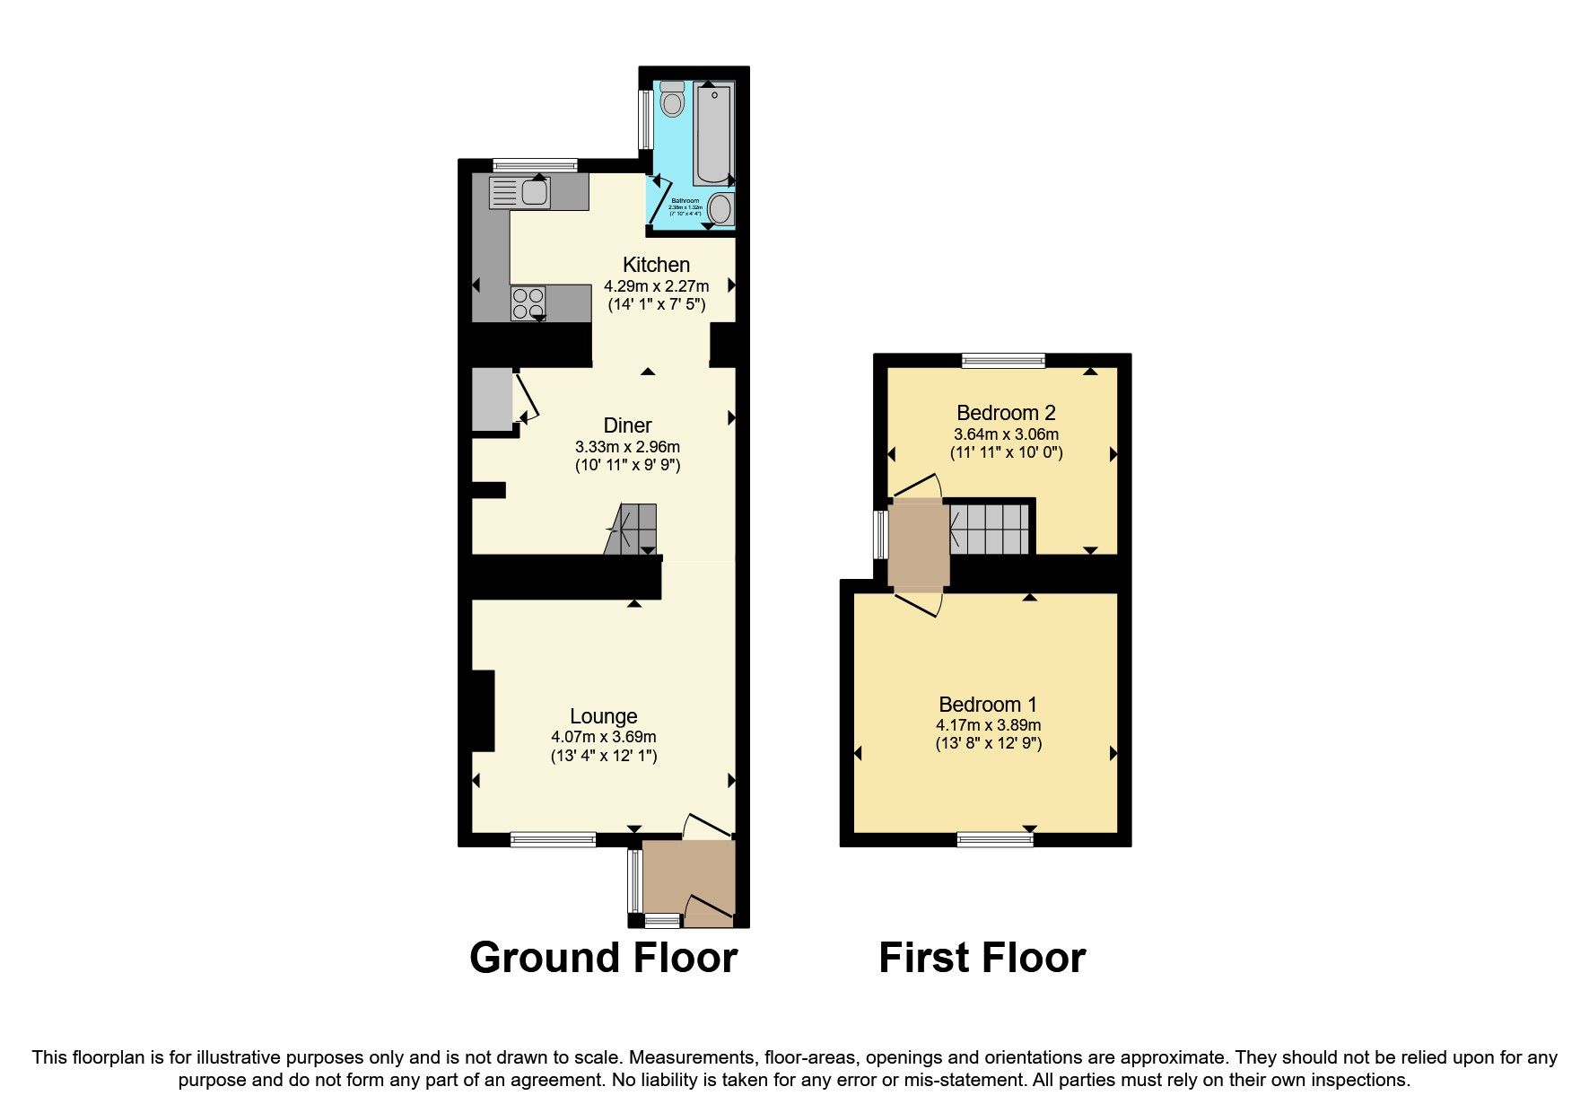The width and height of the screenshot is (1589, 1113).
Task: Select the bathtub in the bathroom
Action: (714, 133)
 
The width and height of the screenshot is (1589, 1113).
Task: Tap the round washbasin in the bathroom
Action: (720, 210)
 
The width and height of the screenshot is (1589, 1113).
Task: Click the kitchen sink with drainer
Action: (519, 193)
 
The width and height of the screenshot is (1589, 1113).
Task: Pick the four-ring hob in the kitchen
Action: (528, 303)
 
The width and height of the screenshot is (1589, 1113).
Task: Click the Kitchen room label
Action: (656, 265)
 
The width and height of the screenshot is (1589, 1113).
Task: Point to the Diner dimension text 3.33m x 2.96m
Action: (627, 447)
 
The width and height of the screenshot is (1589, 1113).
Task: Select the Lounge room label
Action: (604, 716)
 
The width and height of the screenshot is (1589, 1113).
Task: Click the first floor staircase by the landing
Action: (990, 529)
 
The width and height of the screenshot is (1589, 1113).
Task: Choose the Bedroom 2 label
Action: (1006, 413)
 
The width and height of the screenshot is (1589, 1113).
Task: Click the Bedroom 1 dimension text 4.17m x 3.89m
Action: (988, 725)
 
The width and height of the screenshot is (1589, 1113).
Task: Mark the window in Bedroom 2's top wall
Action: (1003, 361)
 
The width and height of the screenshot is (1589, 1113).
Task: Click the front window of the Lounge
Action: (553, 840)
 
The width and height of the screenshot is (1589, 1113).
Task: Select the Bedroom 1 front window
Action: (994, 840)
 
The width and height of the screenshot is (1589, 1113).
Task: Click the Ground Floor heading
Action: (603, 958)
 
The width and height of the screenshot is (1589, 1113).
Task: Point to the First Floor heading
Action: (982, 958)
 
